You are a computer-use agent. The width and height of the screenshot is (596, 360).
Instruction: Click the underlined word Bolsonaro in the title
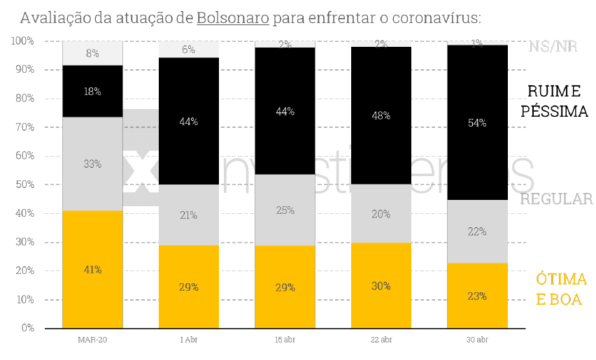pos(233,17)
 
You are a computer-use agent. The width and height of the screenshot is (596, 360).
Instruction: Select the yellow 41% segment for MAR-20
pos(92,269)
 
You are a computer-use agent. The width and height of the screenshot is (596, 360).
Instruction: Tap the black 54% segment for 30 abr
pos(477,122)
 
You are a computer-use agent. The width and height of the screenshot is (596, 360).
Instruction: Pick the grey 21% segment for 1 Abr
pos(189,215)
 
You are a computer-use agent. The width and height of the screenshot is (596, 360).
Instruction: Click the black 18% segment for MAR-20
pos(92,91)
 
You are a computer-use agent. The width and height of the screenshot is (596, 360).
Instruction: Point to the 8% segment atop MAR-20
pos(92,53)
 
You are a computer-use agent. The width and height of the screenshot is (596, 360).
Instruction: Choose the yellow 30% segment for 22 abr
pos(381,285)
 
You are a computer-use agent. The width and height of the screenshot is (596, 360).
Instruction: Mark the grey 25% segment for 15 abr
pos(285,210)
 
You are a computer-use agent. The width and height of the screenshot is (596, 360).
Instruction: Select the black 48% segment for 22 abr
pos(381,115)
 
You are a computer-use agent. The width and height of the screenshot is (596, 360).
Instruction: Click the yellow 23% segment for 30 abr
pos(477,296)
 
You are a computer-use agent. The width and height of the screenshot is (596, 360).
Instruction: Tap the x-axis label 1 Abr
pos(189,340)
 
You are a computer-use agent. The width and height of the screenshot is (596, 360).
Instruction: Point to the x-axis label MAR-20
pos(92,340)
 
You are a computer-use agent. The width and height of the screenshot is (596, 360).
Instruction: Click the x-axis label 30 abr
pos(477,340)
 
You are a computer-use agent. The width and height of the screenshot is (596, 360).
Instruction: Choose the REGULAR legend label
pos(556,199)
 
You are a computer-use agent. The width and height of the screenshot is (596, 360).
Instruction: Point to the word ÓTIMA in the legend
pos(561,279)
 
